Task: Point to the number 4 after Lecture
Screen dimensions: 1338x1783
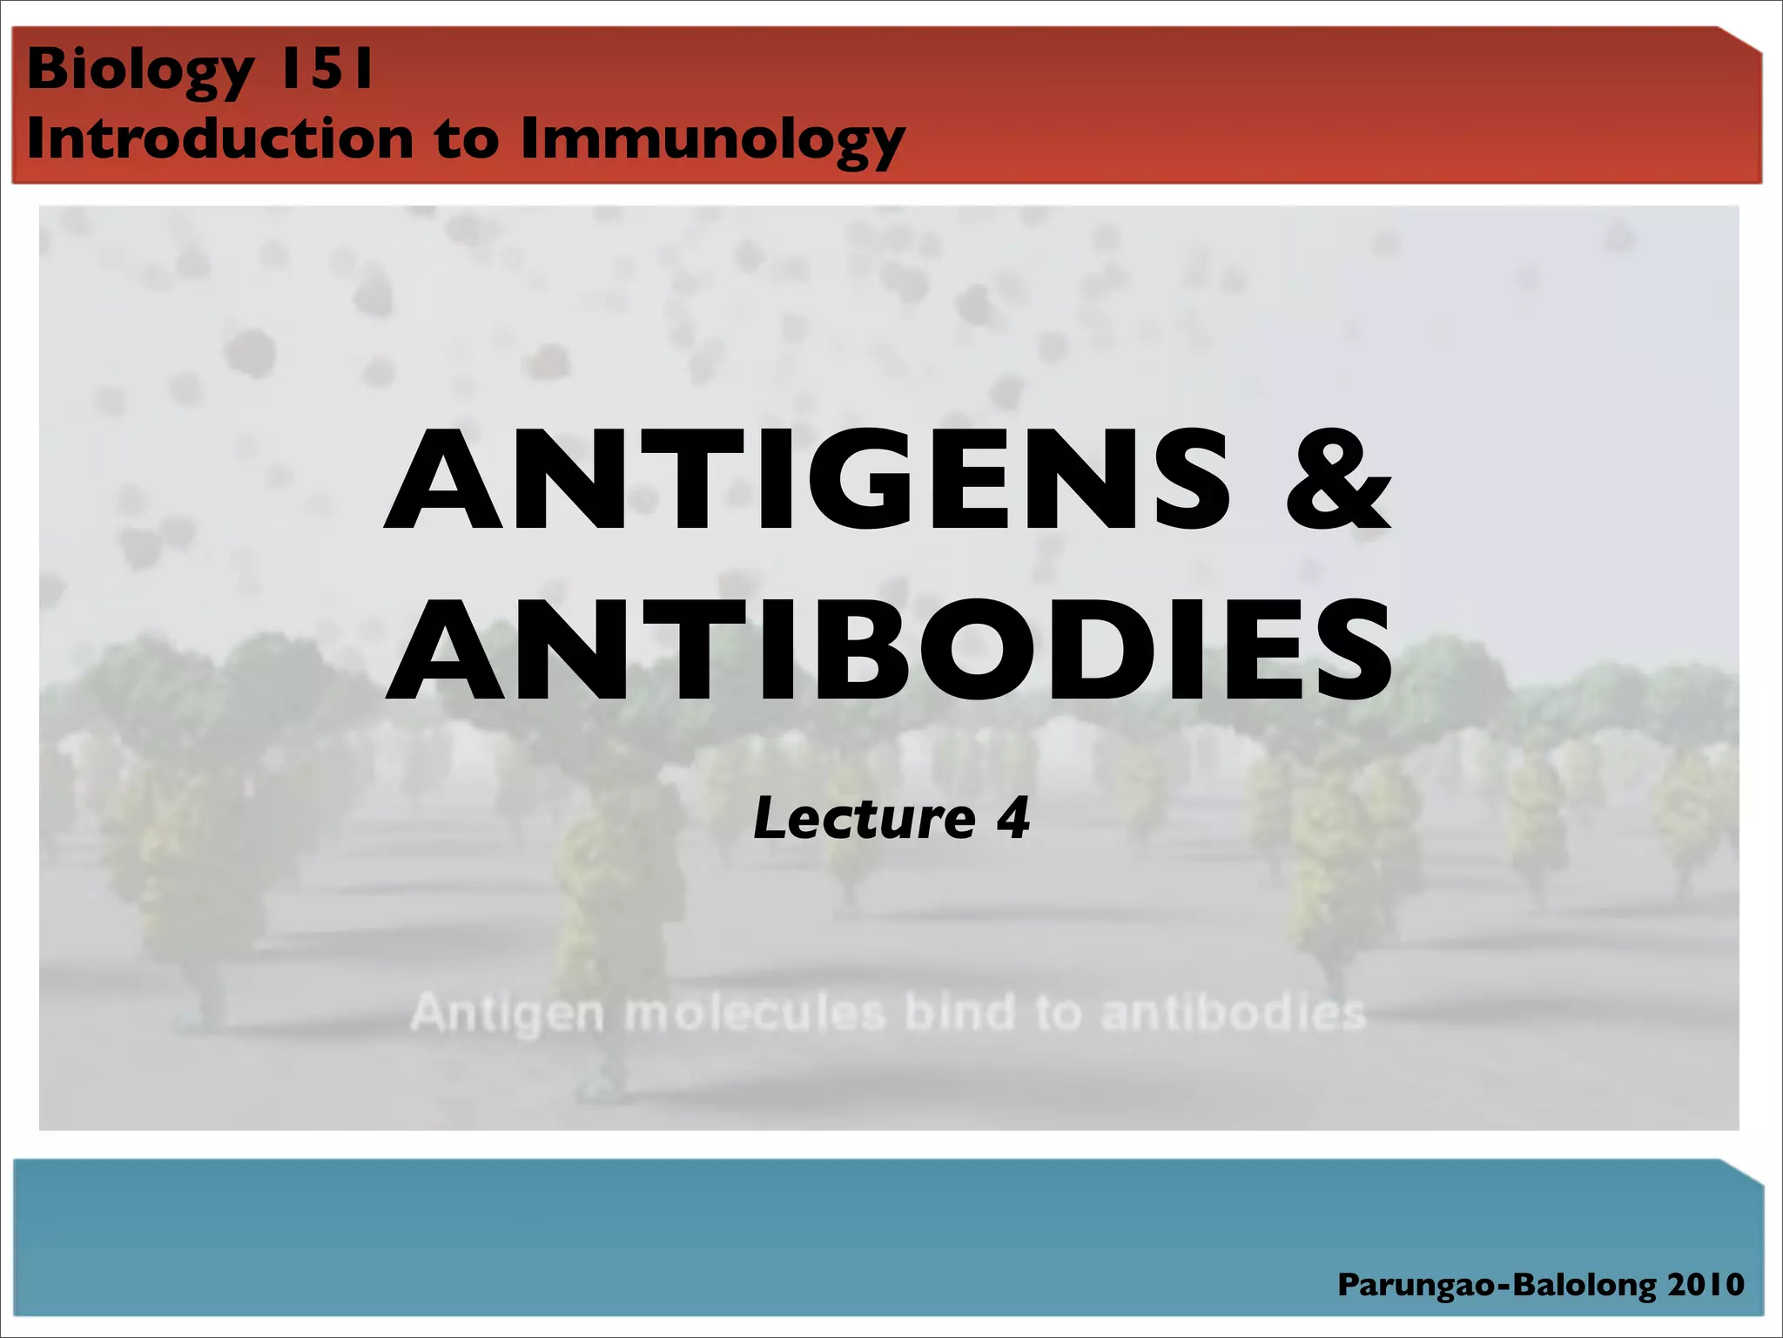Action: tap(1013, 819)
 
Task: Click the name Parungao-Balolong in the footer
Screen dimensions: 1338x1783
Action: tap(1497, 1285)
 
